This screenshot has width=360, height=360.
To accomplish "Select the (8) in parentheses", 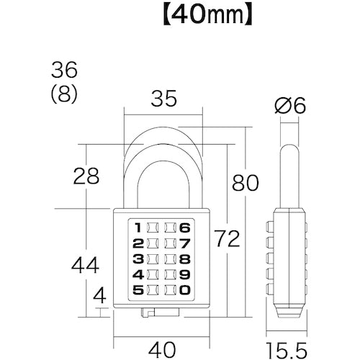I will pyautogui.click(x=64, y=94).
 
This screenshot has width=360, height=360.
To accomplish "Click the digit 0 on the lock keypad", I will pyautogui.click(x=185, y=290).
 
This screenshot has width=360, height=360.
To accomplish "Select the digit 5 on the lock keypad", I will pyautogui.click(x=138, y=290).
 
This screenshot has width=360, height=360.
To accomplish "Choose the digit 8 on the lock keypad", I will pyautogui.click(x=185, y=258).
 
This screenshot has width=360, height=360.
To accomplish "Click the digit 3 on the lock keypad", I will pyautogui.click(x=138, y=258).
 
